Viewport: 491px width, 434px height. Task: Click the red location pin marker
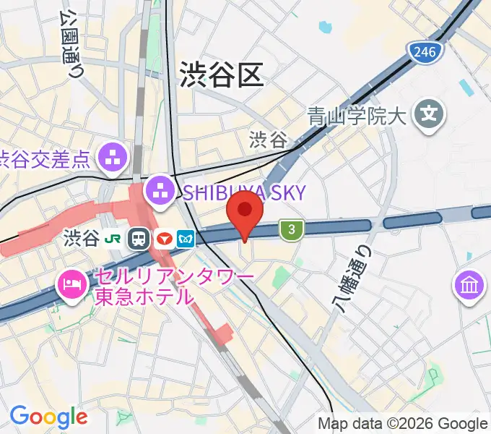pos(245,212)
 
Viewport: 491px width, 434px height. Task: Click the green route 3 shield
pos(291,230)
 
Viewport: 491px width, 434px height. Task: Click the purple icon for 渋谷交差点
pos(113,157)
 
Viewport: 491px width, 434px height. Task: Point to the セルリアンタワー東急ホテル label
pos(173,286)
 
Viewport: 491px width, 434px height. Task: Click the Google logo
pos(48,417)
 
